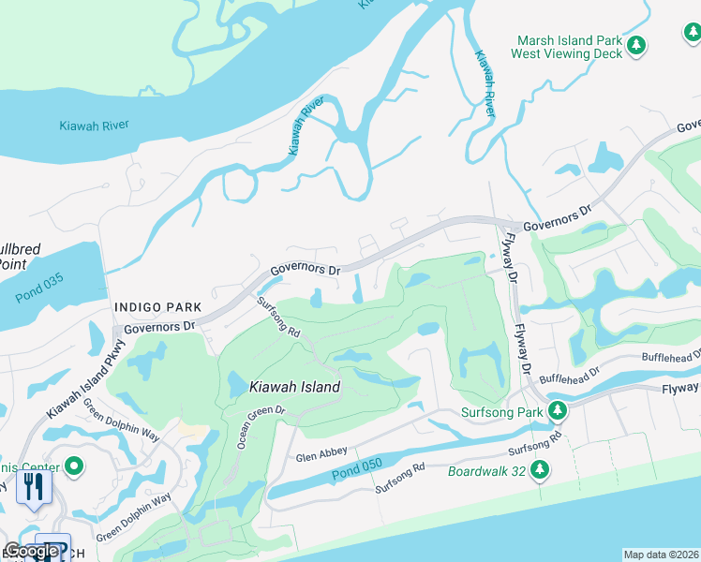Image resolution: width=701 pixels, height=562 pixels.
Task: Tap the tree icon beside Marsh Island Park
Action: pyautogui.click(x=637, y=45)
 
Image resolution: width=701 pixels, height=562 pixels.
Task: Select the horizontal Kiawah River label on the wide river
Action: pyautogui.click(x=94, y=126)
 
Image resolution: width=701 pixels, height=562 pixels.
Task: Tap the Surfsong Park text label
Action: pyautogui.click(x=501, y=411)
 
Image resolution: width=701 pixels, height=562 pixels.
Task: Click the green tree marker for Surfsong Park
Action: pyautogui.click(x=558, y=410)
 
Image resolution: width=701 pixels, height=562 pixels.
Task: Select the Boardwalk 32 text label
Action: pyautogui.click(x=487, y=470)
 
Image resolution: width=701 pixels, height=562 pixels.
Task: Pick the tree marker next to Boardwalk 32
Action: pyautogui.click(x=540, y=469)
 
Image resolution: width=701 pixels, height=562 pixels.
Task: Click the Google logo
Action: pyautogui.click(x=31, y=551)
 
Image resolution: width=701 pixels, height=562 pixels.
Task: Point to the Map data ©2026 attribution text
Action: pyautogui.click(x=661, y=555)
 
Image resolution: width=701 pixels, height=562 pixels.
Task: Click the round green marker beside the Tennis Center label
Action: pyautogui.click(x=74, y=466)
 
